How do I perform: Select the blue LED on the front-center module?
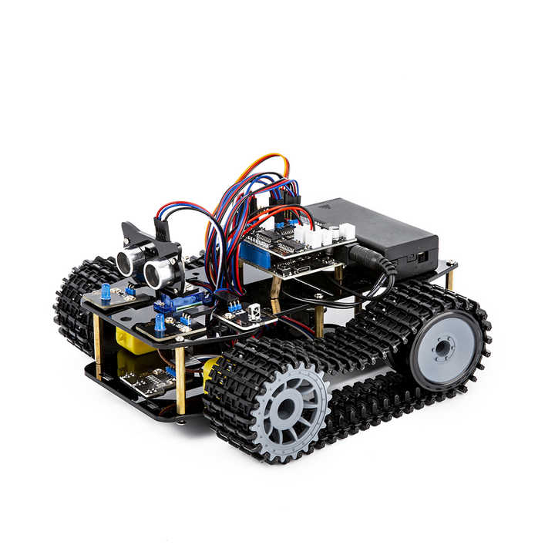coord(160,322)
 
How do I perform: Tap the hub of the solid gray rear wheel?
coord(442,349)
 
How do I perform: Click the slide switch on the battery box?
coord(421,256)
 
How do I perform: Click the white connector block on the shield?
coord(324,235)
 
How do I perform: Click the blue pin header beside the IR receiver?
coord(234,306)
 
